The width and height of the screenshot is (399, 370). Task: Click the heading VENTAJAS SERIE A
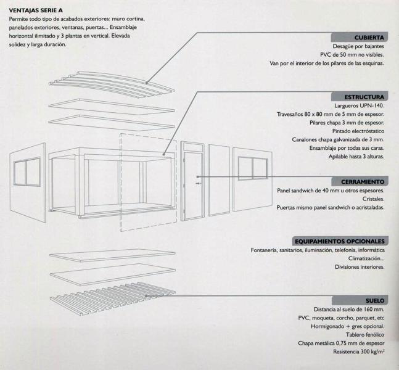pos(36,10)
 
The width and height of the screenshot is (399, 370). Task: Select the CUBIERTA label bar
pos(358,37)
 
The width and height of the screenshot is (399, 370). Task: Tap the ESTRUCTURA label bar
pos(358,97)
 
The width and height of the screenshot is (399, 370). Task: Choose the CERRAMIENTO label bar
pos(358,182)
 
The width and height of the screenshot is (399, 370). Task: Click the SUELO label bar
pos(358,300)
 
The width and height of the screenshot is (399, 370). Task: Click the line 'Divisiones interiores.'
pos(360,267)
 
